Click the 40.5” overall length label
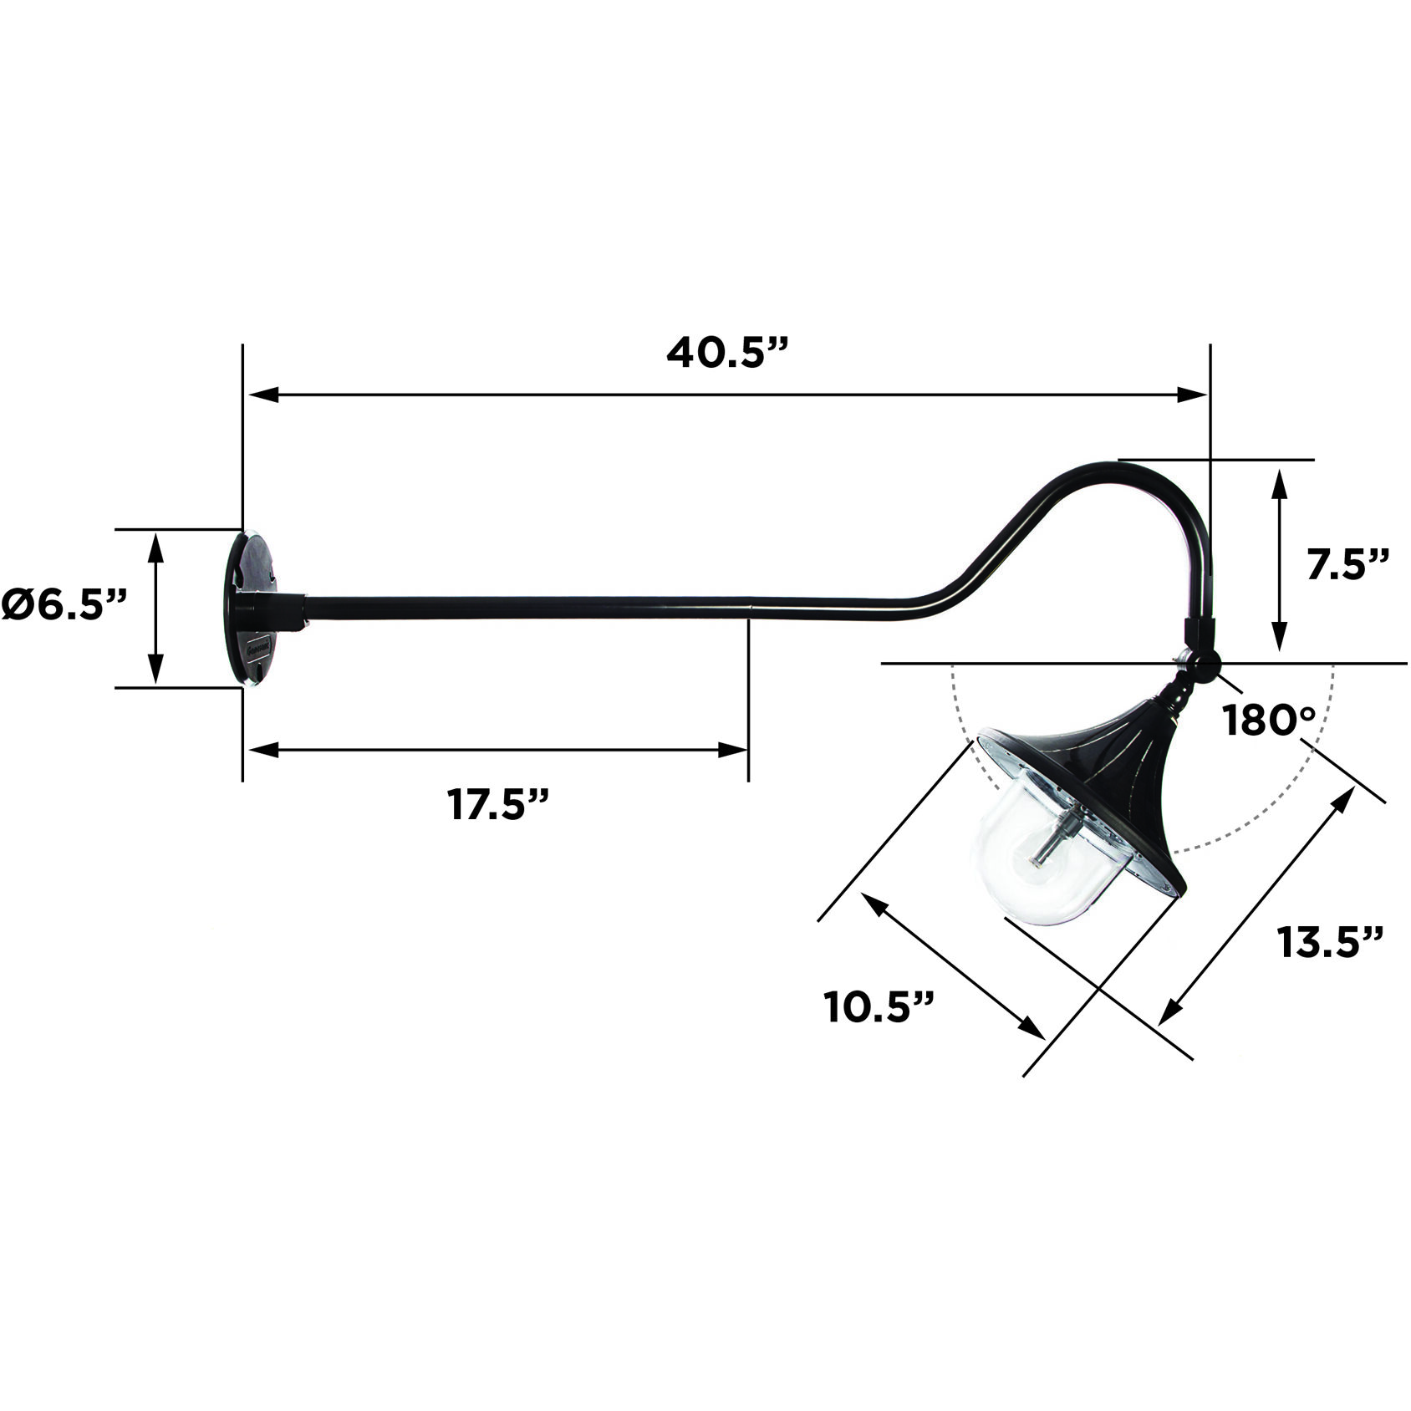tap(727, 354)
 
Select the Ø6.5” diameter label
tap(64, 604)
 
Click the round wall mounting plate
tap(251, 609)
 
